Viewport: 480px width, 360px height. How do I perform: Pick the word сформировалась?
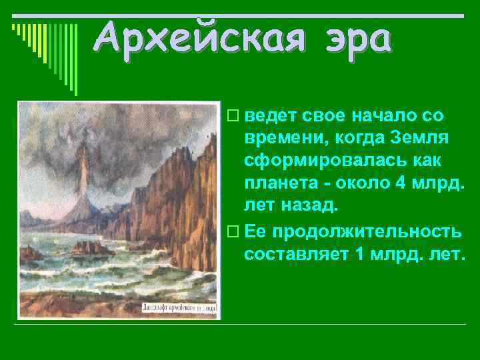pyautogui.click(x=313, y=161)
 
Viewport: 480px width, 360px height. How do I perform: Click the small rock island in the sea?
pyautogui.click(x=90, y=248)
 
